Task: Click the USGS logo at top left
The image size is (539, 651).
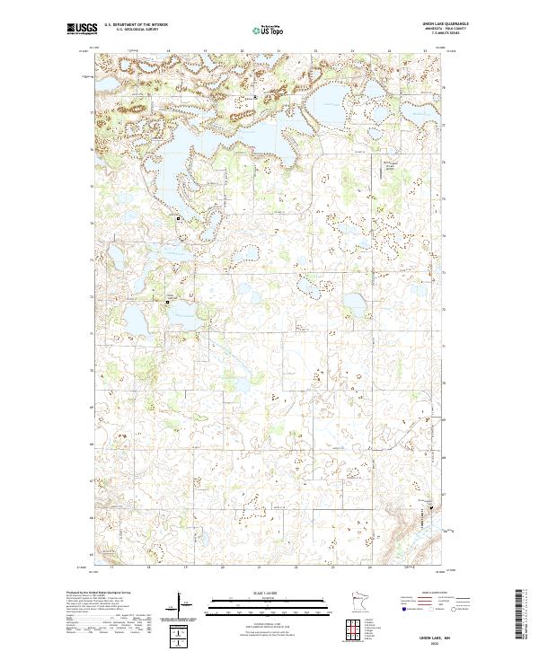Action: (x=82, y=29)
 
